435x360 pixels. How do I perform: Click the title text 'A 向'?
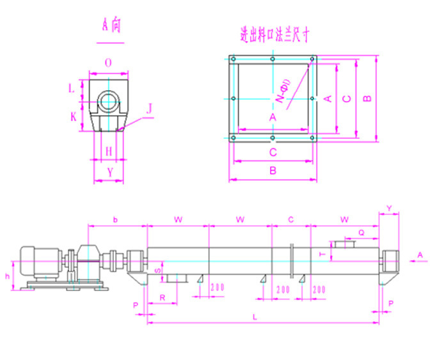110,26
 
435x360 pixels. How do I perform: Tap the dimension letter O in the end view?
109,63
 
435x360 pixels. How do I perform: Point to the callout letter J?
149,109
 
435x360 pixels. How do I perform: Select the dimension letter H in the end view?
109,151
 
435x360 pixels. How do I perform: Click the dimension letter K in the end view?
74,117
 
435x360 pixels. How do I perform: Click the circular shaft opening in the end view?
109,100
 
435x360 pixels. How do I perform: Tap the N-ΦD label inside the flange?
283,91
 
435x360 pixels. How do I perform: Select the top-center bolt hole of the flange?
273,59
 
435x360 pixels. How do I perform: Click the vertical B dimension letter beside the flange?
367,98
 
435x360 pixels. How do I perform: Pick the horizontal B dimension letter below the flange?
273,171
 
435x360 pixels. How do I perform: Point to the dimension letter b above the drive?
115,219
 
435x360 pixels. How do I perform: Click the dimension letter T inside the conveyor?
322,254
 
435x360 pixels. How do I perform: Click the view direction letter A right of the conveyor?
420,254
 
